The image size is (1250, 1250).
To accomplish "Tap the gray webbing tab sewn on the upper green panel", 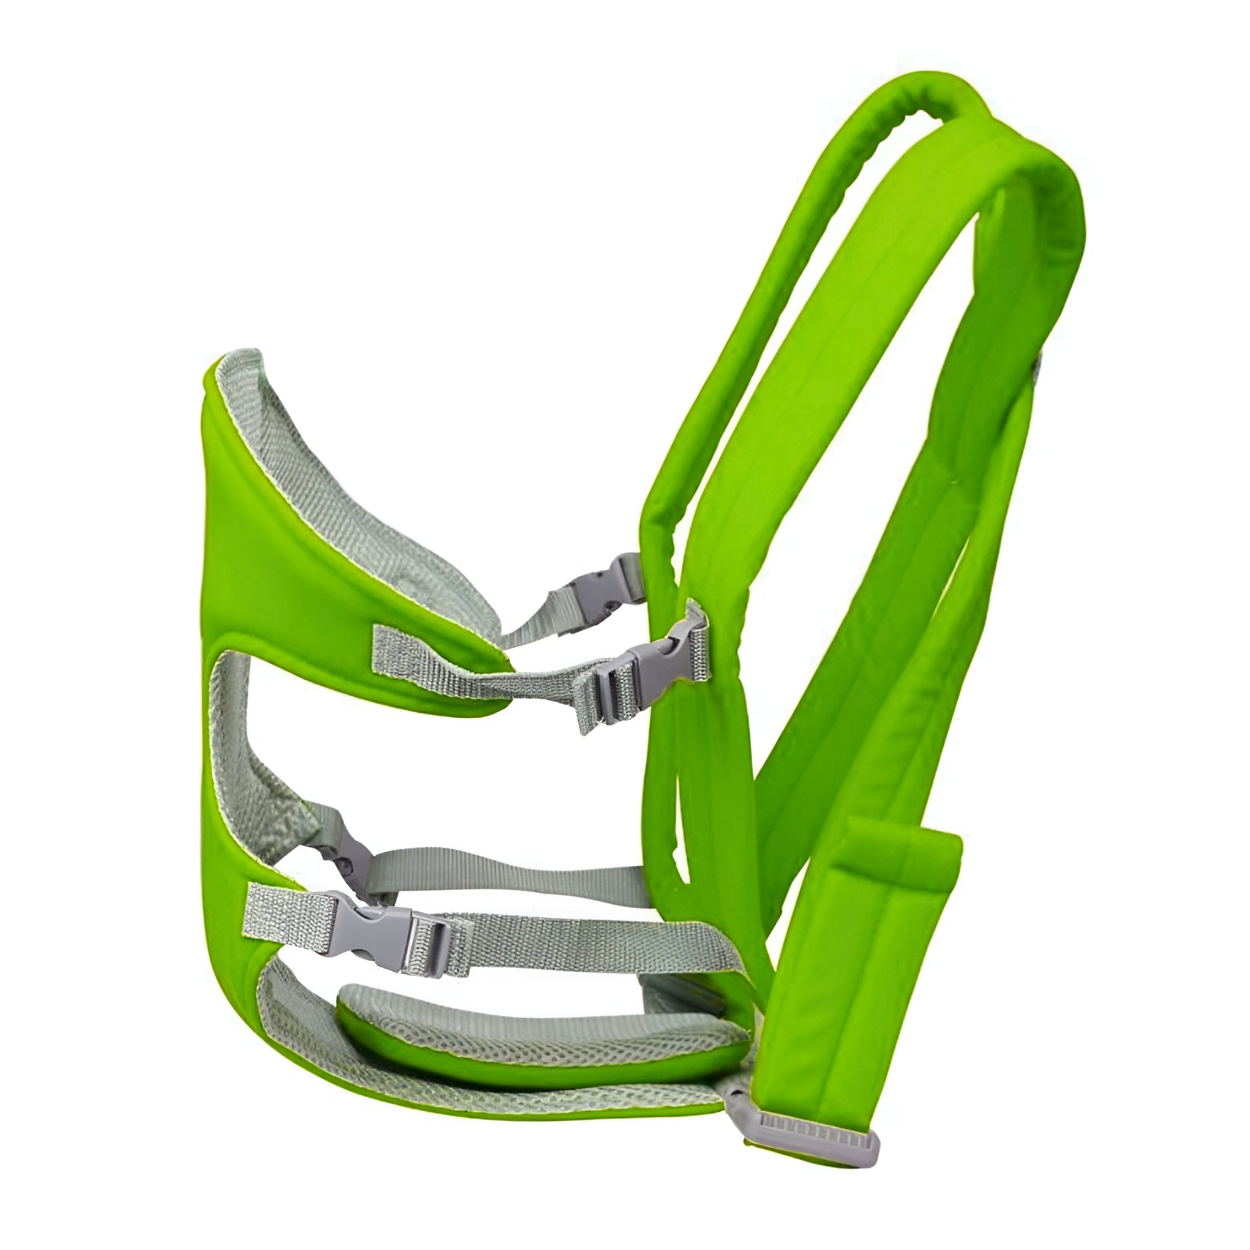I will pyautogui.click(x=414, y=647).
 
